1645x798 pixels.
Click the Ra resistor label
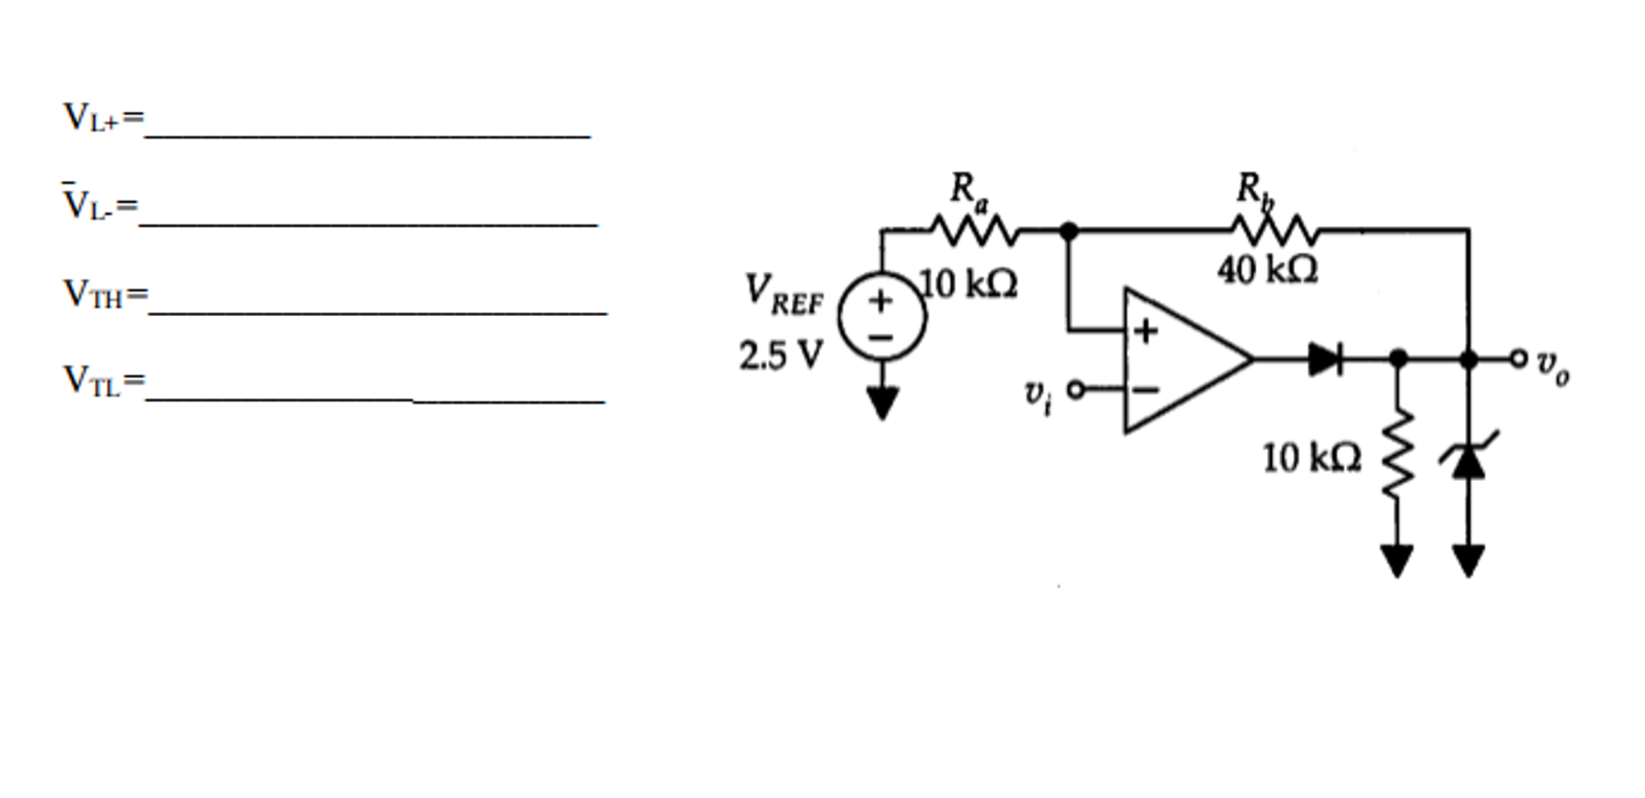(969, 191)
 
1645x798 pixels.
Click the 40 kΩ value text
(1268, 269)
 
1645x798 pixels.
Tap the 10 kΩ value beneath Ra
(969, 284)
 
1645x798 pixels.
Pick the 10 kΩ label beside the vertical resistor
(1312, 459)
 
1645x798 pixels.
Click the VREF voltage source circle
(882, 316)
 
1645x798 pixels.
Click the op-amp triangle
(1188, 360)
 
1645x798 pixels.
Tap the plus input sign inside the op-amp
(1146, 331)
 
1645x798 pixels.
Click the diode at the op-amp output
(1325, 359)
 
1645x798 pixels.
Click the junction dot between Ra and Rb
(1069, 232)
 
